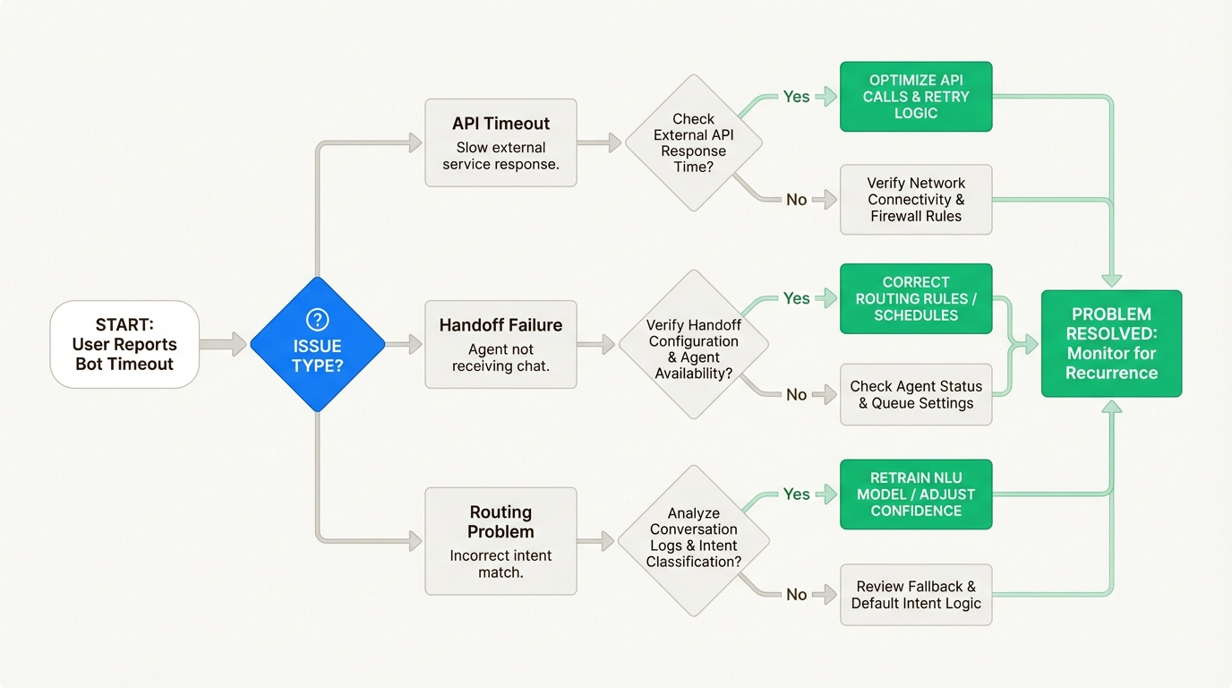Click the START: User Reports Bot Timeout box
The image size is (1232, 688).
click(124, 345)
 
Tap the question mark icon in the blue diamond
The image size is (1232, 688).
click(317, 320)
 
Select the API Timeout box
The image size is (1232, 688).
click(500, 143)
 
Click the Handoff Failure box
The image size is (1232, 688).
click(500, 344)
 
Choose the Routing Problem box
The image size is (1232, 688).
click(500, 541)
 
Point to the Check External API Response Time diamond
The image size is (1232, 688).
click(693, 143)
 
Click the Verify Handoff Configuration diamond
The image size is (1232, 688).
click(693, 344)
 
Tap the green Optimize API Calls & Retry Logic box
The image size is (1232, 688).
click(915, 97)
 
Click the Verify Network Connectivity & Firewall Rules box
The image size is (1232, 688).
click(915, 200)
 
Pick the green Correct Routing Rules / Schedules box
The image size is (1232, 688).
click(915, 298)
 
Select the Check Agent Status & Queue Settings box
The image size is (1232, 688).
click(915, 395)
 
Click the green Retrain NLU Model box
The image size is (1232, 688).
click(915, 494)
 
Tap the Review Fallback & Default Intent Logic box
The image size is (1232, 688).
click(915, 595)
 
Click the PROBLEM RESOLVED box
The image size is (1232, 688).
click(1111, 344)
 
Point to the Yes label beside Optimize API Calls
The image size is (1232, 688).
click(796, 97)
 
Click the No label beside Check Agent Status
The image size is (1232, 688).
click(796, 395)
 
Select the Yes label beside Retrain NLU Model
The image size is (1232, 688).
click(796, 494)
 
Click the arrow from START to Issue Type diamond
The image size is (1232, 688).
click(223, 344)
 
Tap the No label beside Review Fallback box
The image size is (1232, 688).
click(796, 595)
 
